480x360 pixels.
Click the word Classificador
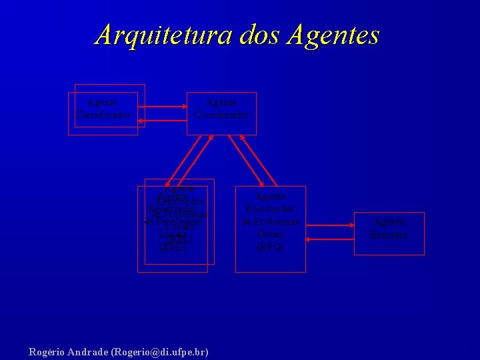click(x=103, y=115)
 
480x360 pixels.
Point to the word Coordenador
click(x=222, y=115)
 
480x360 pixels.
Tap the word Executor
click(x=389, y=235)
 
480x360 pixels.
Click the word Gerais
click(x=271, y=234)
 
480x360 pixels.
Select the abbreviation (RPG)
click(x=271, y=247)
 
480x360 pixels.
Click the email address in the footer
click(x=160, y=351)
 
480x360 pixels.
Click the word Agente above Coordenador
click(x=222, y=103)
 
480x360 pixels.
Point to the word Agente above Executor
click(x=389, y=222)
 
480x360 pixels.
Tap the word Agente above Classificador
click(x=103, y=103)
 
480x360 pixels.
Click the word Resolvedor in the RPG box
click(x=271, y=209)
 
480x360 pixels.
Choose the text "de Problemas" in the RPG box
click(x=271, y=221)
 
